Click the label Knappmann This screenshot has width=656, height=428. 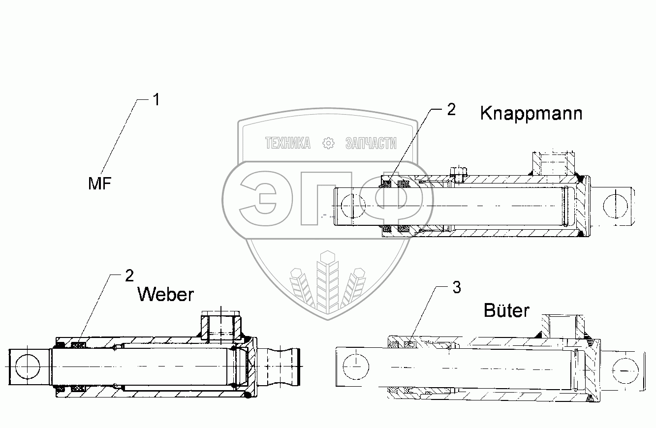coord(531,114)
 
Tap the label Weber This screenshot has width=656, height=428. coord(165,294)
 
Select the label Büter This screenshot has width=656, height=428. coord(506,310)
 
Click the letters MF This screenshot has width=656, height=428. coord(100,184)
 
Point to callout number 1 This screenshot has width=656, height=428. coord(156,100)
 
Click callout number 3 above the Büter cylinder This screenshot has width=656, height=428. coord(456,288)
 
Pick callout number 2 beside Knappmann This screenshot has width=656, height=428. coord(451,110)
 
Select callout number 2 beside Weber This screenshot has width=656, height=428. coord(129,276)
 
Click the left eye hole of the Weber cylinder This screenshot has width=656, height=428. coord(26,366)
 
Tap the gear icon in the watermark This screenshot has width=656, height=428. coord(328,143)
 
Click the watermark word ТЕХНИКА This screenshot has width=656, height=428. coord(288,143)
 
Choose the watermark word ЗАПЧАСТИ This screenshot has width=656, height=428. coord(371,143)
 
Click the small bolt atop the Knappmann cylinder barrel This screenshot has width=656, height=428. coord(459,174)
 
